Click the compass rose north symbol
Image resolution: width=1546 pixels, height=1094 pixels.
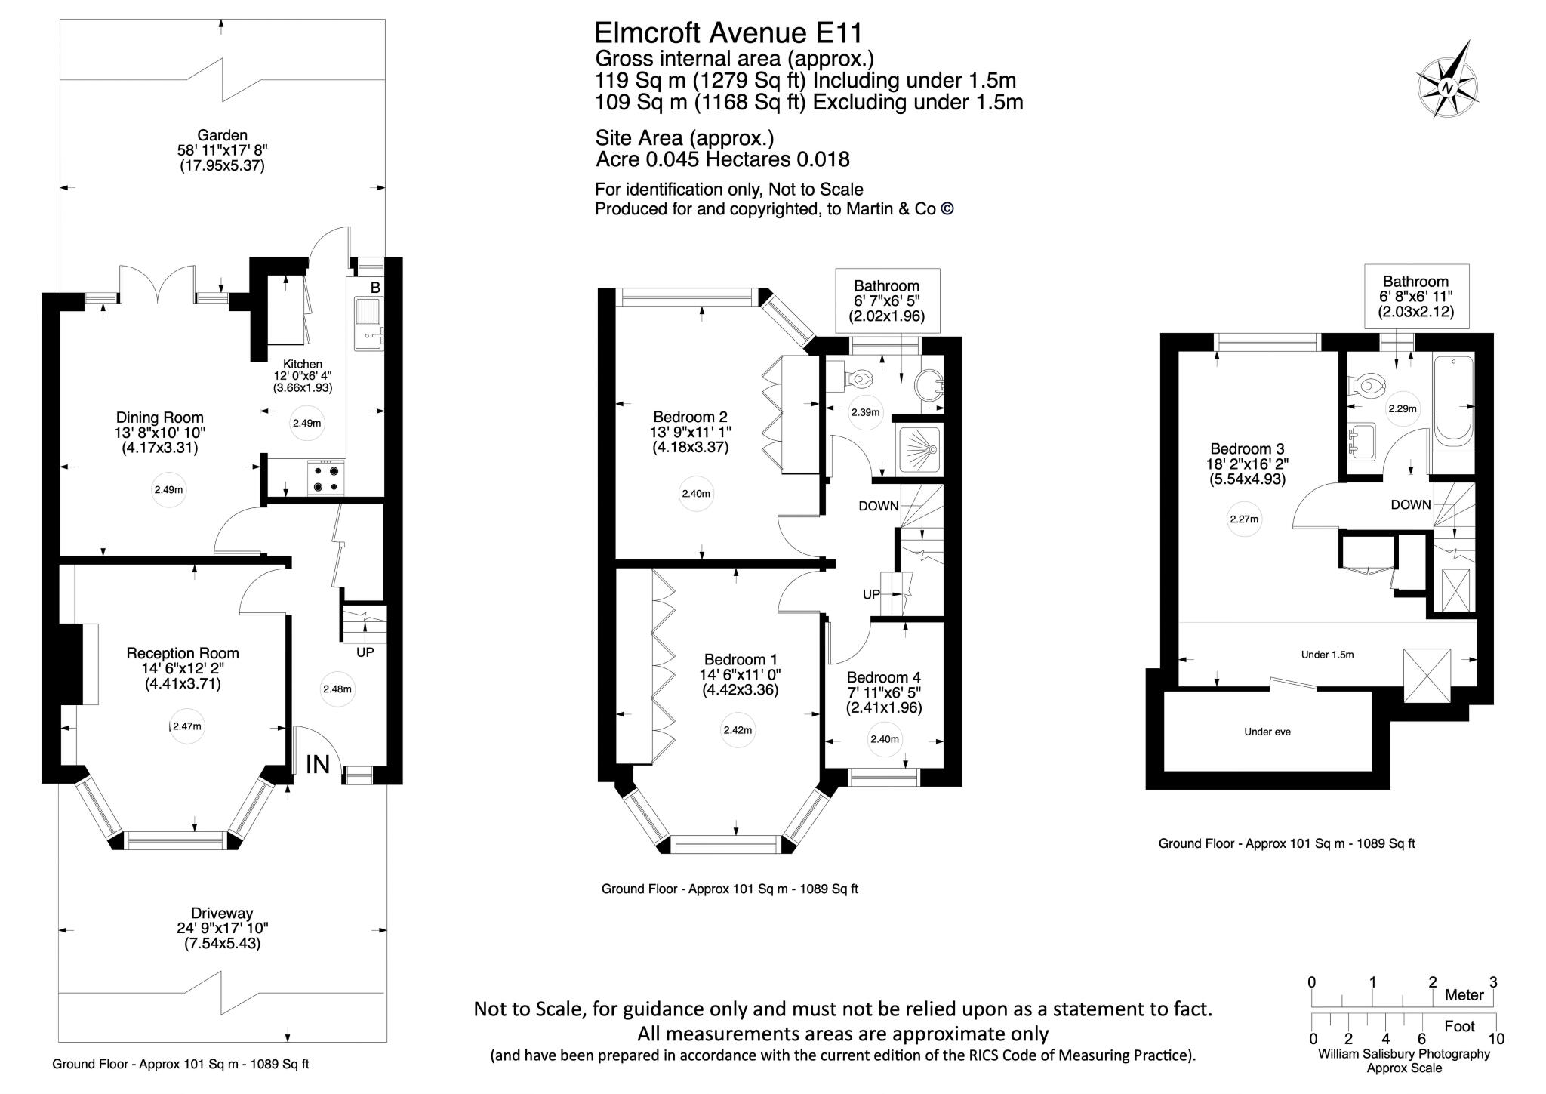(x=1447, y=89)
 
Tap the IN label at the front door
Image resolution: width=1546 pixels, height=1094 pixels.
(x=318, y=765)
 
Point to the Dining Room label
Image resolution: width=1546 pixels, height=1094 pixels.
(x=159, y=418)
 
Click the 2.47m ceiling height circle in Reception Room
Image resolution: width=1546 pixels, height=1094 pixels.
(x=186, y=726)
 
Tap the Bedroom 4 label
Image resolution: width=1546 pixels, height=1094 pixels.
(x=883, y=677)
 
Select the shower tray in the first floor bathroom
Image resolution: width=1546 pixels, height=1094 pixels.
(x=919, y=450)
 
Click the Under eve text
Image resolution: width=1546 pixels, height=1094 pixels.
(x=1267, y=732)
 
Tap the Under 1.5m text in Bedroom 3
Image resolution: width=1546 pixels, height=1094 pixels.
(x=1327, y=655)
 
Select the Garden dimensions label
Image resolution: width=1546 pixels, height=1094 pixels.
(x=222, y=151)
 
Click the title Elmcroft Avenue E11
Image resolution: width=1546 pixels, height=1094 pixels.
(x=728, y=33)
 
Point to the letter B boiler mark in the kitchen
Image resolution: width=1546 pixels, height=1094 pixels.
(x=375, y=288)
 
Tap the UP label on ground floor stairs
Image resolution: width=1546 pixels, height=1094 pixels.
(x=365, y=652)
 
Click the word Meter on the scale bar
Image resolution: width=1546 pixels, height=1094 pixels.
(x=1464, y=995)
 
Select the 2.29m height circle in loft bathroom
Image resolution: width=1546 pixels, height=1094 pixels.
(x=1403, y=408)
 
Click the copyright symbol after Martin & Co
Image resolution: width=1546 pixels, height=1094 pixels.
(x=947, y=209)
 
